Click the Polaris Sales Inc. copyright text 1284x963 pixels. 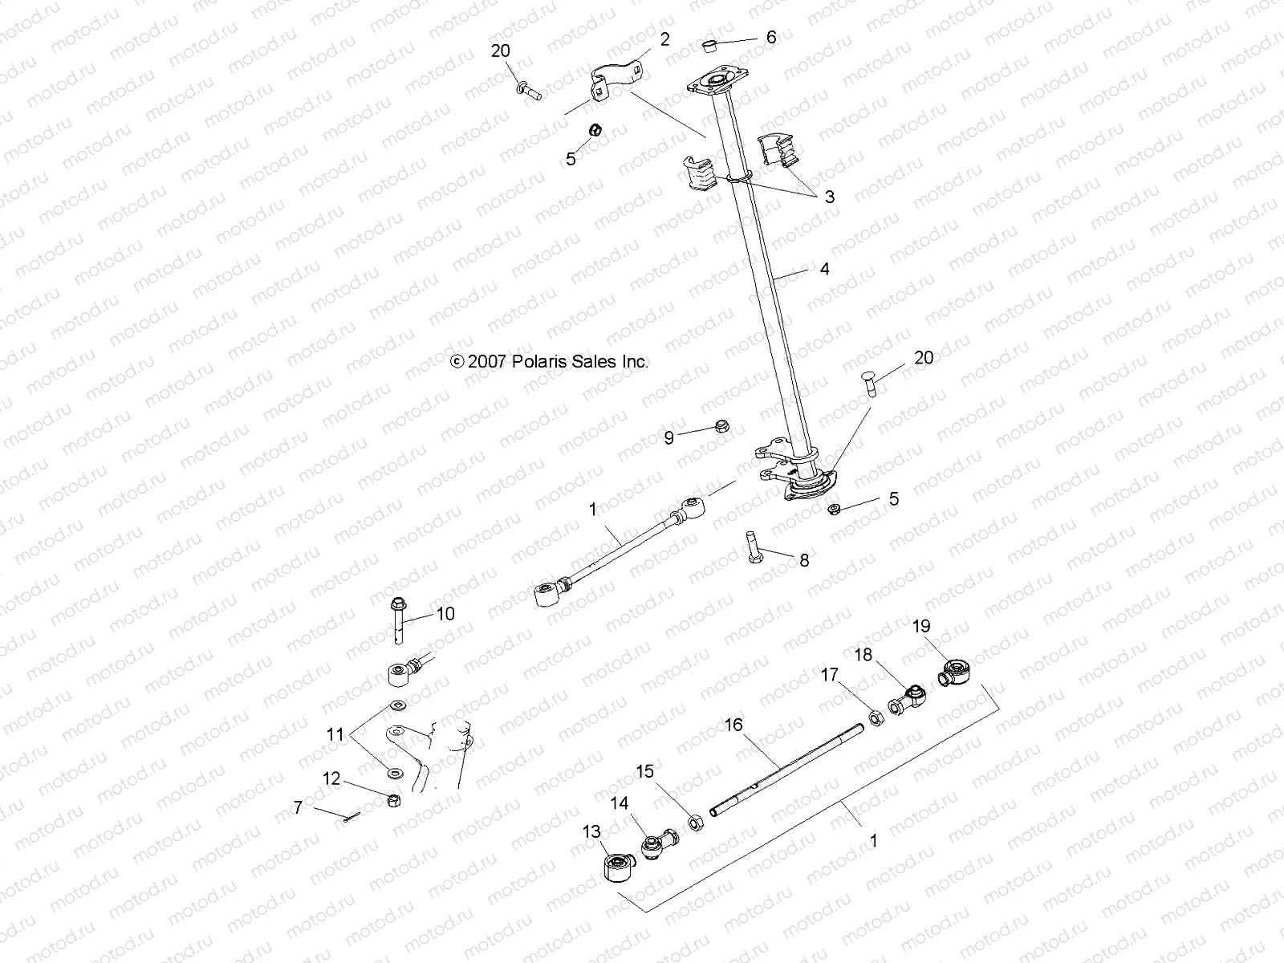(x=550, y=362)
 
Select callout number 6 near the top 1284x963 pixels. (x=771, y=37)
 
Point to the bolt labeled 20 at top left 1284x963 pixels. (x=529, y=88)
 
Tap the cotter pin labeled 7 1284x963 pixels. (x=351, y=817)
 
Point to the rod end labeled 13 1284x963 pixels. (x=618, y=868)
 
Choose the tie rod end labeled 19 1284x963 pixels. (x=954, y=669)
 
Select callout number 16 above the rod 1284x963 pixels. (x=733, y=725)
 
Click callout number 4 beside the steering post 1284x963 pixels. (x=824, y=270)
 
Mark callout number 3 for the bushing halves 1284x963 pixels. (x=829, y=197)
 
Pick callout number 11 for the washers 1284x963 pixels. (x=335, y=733)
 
